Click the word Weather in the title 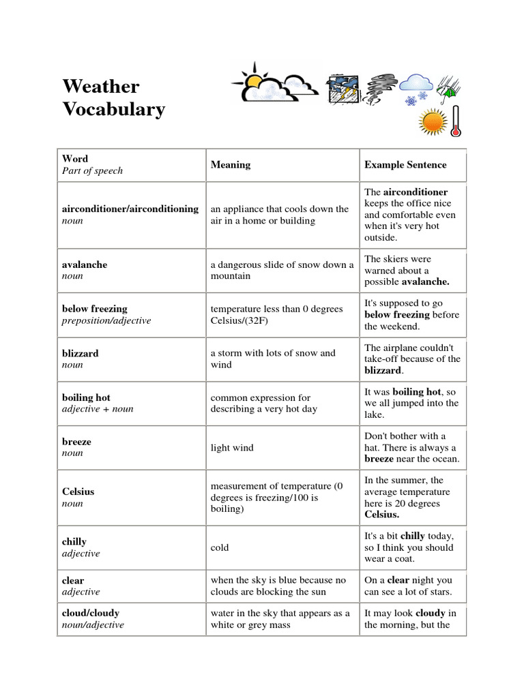click(100, 87)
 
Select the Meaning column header click(230, 164)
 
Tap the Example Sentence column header click(405, 164)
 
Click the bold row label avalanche click(85, 264)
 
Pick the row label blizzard click(80, 353)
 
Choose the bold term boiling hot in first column click(86, 397)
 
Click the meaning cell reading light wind click(232, 448)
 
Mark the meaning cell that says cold click(220, 547)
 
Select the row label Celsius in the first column click(78, 491)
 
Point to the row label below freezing click(94, 309)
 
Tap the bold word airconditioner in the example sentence click(416, 192)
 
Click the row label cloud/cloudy click(91, 613)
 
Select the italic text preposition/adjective click(106, 320)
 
